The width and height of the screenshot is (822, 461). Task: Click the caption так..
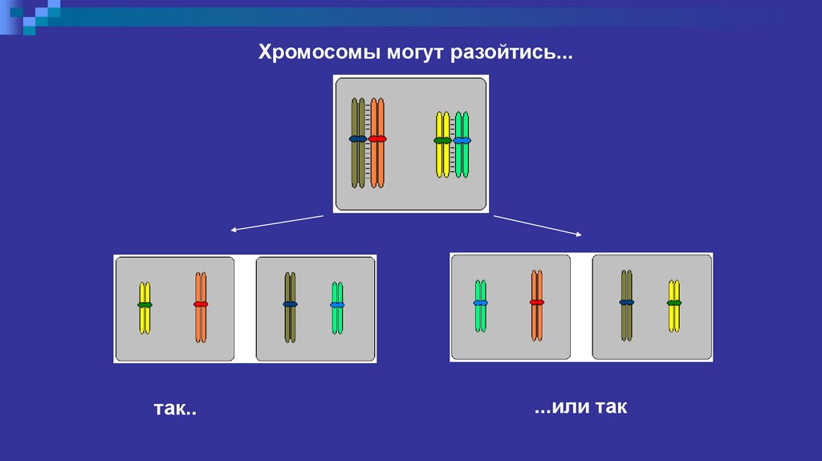click(x=175, y=410)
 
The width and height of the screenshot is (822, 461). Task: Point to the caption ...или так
click(x=580, y=408)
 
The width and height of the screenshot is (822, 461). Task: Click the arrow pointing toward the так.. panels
click(x=277, y=222)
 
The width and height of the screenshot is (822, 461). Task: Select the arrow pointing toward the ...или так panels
click(x=537, y=226)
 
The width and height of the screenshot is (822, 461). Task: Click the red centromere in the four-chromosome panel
click(x=377, y=139)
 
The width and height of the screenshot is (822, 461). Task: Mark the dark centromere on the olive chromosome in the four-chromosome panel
click(x=357, y=139)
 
